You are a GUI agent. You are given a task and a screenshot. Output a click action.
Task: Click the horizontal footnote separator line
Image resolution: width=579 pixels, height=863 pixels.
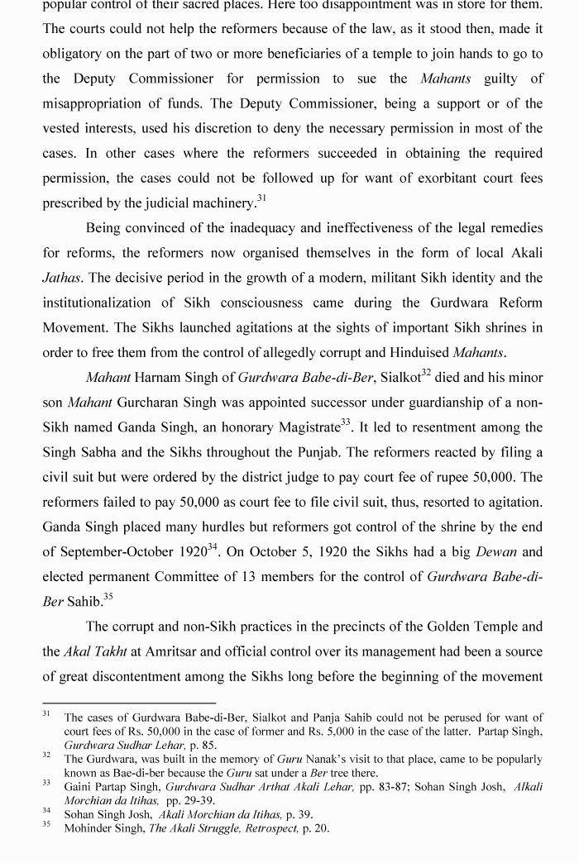128,703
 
